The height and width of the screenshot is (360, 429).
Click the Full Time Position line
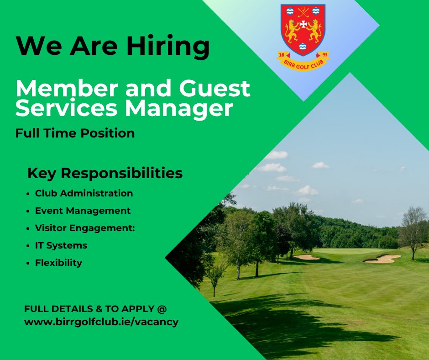[75, 133]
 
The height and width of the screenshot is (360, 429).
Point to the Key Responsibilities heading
[105, 174]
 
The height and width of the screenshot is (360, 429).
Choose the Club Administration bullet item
[84, 193]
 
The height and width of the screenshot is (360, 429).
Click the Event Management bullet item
[83, 211]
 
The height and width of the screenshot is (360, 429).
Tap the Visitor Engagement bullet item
[85, 228]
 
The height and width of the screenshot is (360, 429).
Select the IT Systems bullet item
[61, 245]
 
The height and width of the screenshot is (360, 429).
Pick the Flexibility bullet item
[58, 263]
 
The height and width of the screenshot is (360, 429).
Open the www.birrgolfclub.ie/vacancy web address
[101, 322]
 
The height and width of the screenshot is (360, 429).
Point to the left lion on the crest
[292, 30]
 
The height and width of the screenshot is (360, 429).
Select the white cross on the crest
[303, 22]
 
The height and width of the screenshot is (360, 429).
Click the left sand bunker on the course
[306, 257]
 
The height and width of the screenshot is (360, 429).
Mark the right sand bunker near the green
[382, 259]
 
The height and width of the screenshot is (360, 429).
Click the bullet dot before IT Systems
[29, 246]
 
